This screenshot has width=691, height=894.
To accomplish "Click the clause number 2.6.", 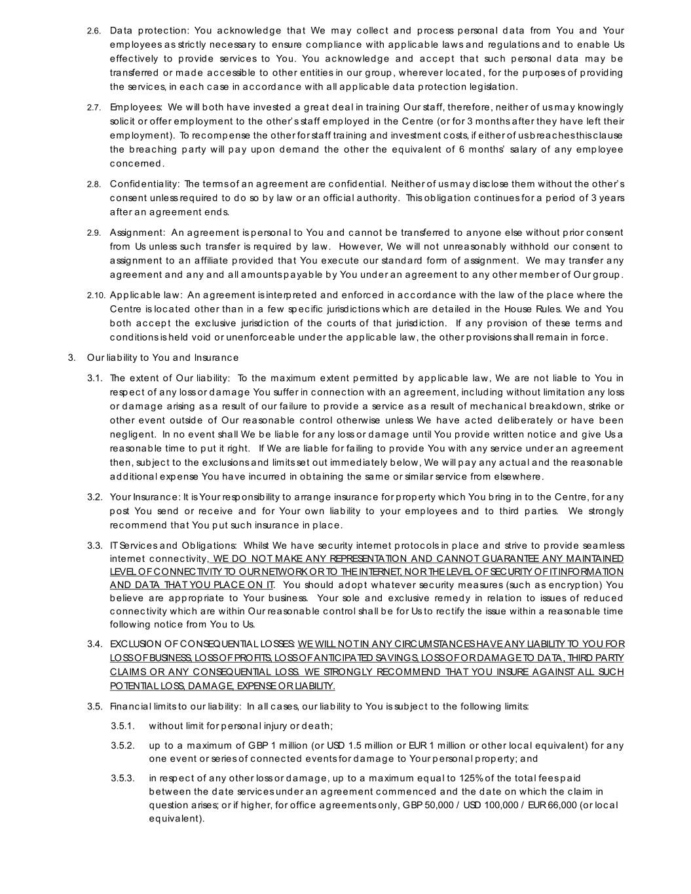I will tap(94, 31).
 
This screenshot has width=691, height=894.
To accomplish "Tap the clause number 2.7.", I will tap(94, 107).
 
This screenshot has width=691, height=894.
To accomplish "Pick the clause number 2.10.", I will tap(96, 295).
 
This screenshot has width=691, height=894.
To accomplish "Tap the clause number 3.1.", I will tap(95, 379).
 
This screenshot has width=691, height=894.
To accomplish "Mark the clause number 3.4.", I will tap(95, 644).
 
